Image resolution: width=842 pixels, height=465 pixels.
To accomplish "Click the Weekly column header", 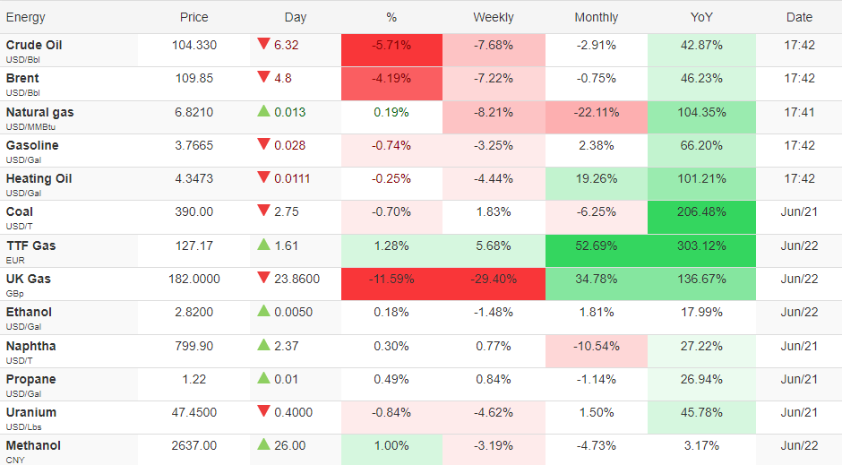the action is (x=493, y=17).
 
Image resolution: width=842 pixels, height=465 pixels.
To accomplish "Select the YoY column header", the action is (x=701, y=17).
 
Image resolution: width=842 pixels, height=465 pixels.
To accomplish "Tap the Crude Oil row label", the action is (x=34, y=45).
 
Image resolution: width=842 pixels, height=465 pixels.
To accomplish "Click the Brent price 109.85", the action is (x=193, y=78).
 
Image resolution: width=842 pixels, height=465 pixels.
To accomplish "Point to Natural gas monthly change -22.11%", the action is (x=596, y=112).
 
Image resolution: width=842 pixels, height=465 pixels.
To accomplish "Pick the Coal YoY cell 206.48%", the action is (x=701, y=211).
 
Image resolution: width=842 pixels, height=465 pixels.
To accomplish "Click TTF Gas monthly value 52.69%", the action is (x=596, y=245).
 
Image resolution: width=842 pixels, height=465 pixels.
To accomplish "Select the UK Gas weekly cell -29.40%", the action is (x=494, y=280).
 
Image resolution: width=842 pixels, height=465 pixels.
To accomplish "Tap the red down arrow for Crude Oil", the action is (x=263, y=44).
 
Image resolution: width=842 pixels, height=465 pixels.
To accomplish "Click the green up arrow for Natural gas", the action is (x=263, y=110).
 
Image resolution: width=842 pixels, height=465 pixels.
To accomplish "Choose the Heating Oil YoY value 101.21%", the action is (x=701, y=178).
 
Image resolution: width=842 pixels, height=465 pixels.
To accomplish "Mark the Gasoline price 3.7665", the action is (x=193, y=145).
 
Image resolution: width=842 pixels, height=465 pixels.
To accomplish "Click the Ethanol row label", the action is (x=29, y=312).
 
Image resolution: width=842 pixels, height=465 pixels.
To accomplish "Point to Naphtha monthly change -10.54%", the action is (x=596, y=347).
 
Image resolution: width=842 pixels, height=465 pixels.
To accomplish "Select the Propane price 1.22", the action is (x=193, y=379).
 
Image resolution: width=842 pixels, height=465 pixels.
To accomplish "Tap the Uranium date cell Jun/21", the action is (x=799, y=412).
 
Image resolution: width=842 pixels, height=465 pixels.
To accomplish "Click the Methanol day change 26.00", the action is (x=289, y=445).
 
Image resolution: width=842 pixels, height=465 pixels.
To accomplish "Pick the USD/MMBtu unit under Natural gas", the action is (x=30, y=126).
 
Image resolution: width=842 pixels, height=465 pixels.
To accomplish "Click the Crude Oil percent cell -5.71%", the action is (x=391, y=45).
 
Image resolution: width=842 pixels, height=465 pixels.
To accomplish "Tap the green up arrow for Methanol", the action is (x=263, y=444).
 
